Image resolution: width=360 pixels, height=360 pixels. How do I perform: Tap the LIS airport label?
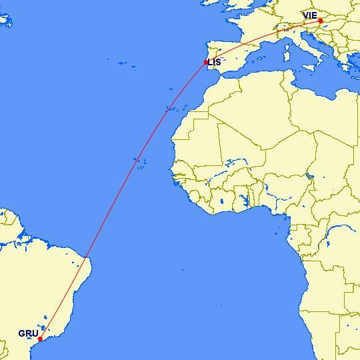pyautogui.click(x=215, y=63)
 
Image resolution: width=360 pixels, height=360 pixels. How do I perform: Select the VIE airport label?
pyautogui.click(x=310, y=15)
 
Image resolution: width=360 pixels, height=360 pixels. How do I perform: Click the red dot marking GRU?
pyautogui.click(x=41, y=339)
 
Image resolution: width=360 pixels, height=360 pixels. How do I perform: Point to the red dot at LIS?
pyautogui.click(x=206, y=63)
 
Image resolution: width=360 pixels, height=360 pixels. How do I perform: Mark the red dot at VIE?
pyautogui.click(x=321, y=21)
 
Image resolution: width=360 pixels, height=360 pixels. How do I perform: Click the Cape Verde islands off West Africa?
pyautogui.click(x=139, y=162)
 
